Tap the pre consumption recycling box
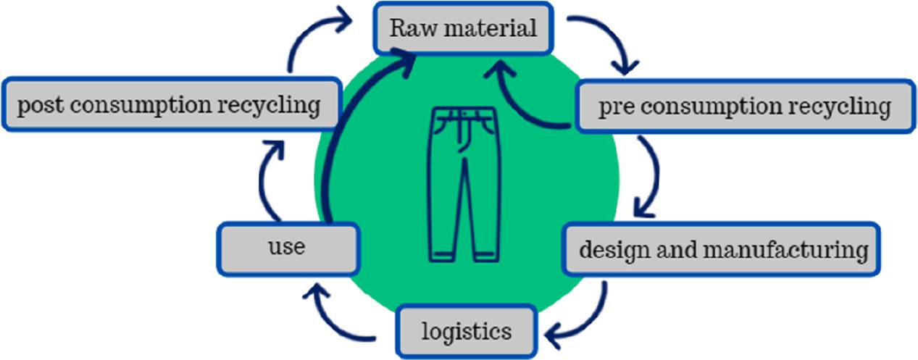(746, 106)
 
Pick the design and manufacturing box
(722, 249)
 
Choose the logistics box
(467, 331)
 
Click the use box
(288, 248)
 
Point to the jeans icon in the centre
(464, 184)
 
